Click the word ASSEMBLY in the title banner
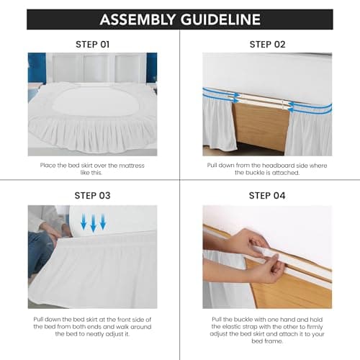(138, 19)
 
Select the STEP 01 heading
(93, 45)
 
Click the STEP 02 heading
(267, 45)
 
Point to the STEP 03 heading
(93, 196)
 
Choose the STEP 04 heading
(267, 196)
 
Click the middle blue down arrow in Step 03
(93, 223)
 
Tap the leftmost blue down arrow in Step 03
(84, 221)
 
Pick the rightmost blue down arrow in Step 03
(103, 221)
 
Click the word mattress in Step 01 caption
(132, 166)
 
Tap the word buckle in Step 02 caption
(253, 173)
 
